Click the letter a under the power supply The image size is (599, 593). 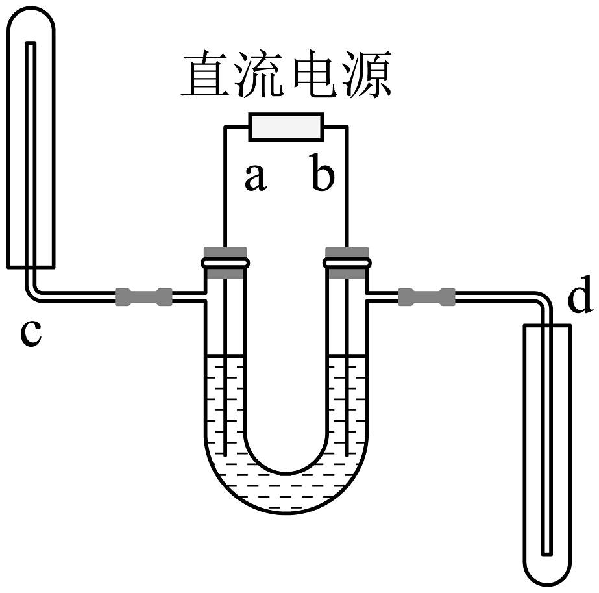coord(256,177)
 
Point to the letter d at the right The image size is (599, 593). coord(580,298)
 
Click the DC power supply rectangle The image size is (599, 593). coord(286,126)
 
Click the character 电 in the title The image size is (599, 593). coord(313,76)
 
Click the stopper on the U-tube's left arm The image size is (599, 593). coord(225,262)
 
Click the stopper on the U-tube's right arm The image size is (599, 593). coord(347,262)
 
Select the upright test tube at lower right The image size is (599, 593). coord(546,455)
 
